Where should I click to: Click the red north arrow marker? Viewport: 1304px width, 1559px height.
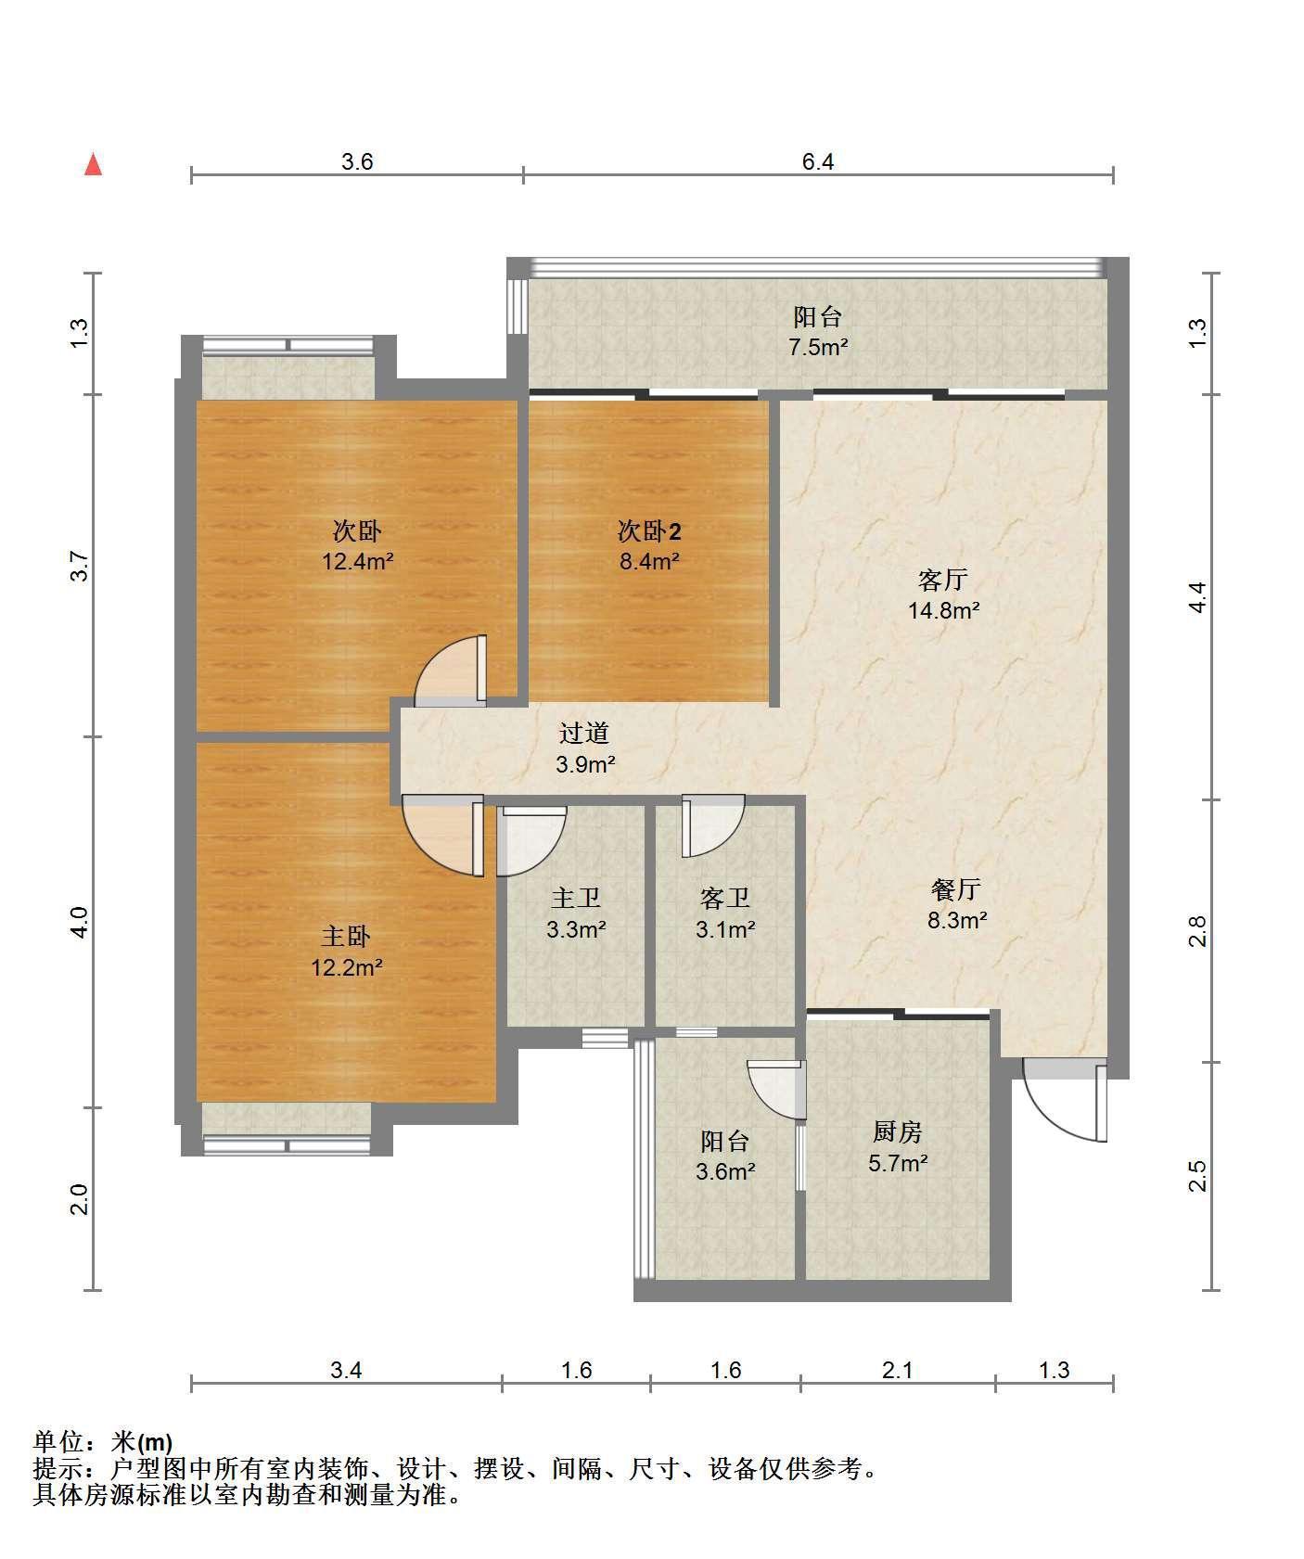point(93,165)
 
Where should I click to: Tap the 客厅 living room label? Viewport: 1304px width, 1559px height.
point(942,581)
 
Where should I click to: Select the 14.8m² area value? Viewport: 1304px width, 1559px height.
point(944,610)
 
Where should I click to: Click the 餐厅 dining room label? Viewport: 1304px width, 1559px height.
point(955,890)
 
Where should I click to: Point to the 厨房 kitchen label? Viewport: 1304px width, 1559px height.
point(897,1132)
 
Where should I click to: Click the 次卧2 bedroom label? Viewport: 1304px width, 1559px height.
point(649,531)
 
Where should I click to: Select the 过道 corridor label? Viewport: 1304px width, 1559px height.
point(584,734)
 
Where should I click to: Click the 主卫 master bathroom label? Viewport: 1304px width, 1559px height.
point(576,898)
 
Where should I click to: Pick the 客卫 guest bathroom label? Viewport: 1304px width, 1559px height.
point(724,898)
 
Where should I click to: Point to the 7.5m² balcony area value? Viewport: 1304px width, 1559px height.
point(818,348)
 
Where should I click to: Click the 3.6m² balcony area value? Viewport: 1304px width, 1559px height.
point(725,1171)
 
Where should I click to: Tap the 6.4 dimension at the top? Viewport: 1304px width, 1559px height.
point(818,162)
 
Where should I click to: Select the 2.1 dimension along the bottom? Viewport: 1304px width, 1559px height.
point(897,1370)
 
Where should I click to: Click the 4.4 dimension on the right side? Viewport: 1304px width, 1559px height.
point(1197,596)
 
